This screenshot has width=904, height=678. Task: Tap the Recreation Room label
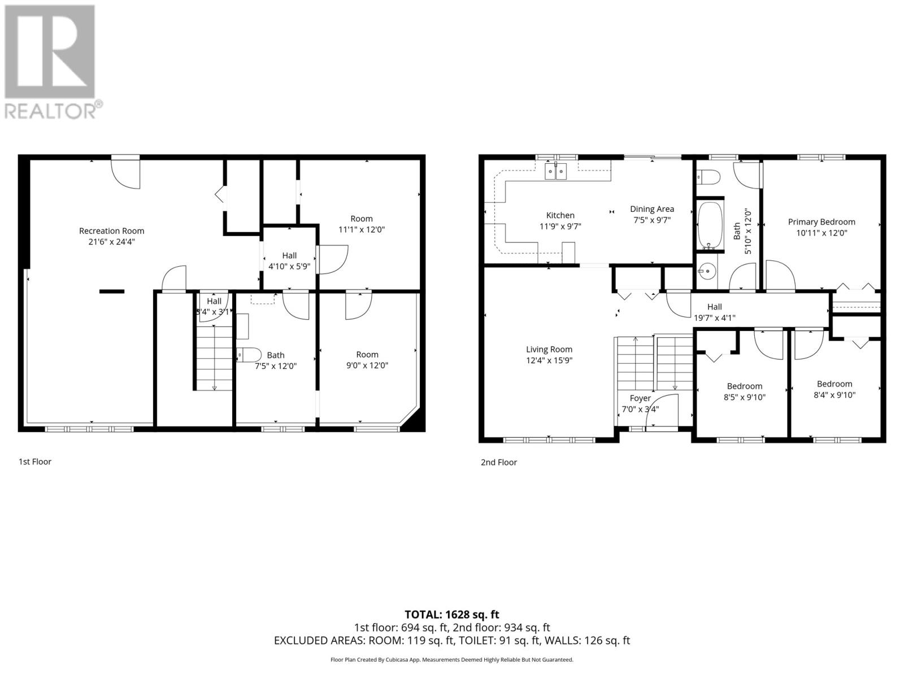coord(111,231)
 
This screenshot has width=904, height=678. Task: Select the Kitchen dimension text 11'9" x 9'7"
coord(560,226)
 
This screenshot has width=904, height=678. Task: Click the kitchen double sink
coord(555,171)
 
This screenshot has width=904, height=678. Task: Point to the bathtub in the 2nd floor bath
coord(710,226)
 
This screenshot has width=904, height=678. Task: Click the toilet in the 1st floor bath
coord(249,355)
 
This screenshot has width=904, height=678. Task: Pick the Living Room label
coord(549,349)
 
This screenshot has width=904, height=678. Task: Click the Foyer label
coord(640,398)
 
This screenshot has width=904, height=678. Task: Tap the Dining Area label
coord(651,209)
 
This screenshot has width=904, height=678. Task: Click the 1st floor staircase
coord(214,356)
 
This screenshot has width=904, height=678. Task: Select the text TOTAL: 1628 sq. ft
coord(451,614)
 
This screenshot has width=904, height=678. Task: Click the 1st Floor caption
coord(35,462)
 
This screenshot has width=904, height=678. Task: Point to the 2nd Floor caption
coord(498,462)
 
